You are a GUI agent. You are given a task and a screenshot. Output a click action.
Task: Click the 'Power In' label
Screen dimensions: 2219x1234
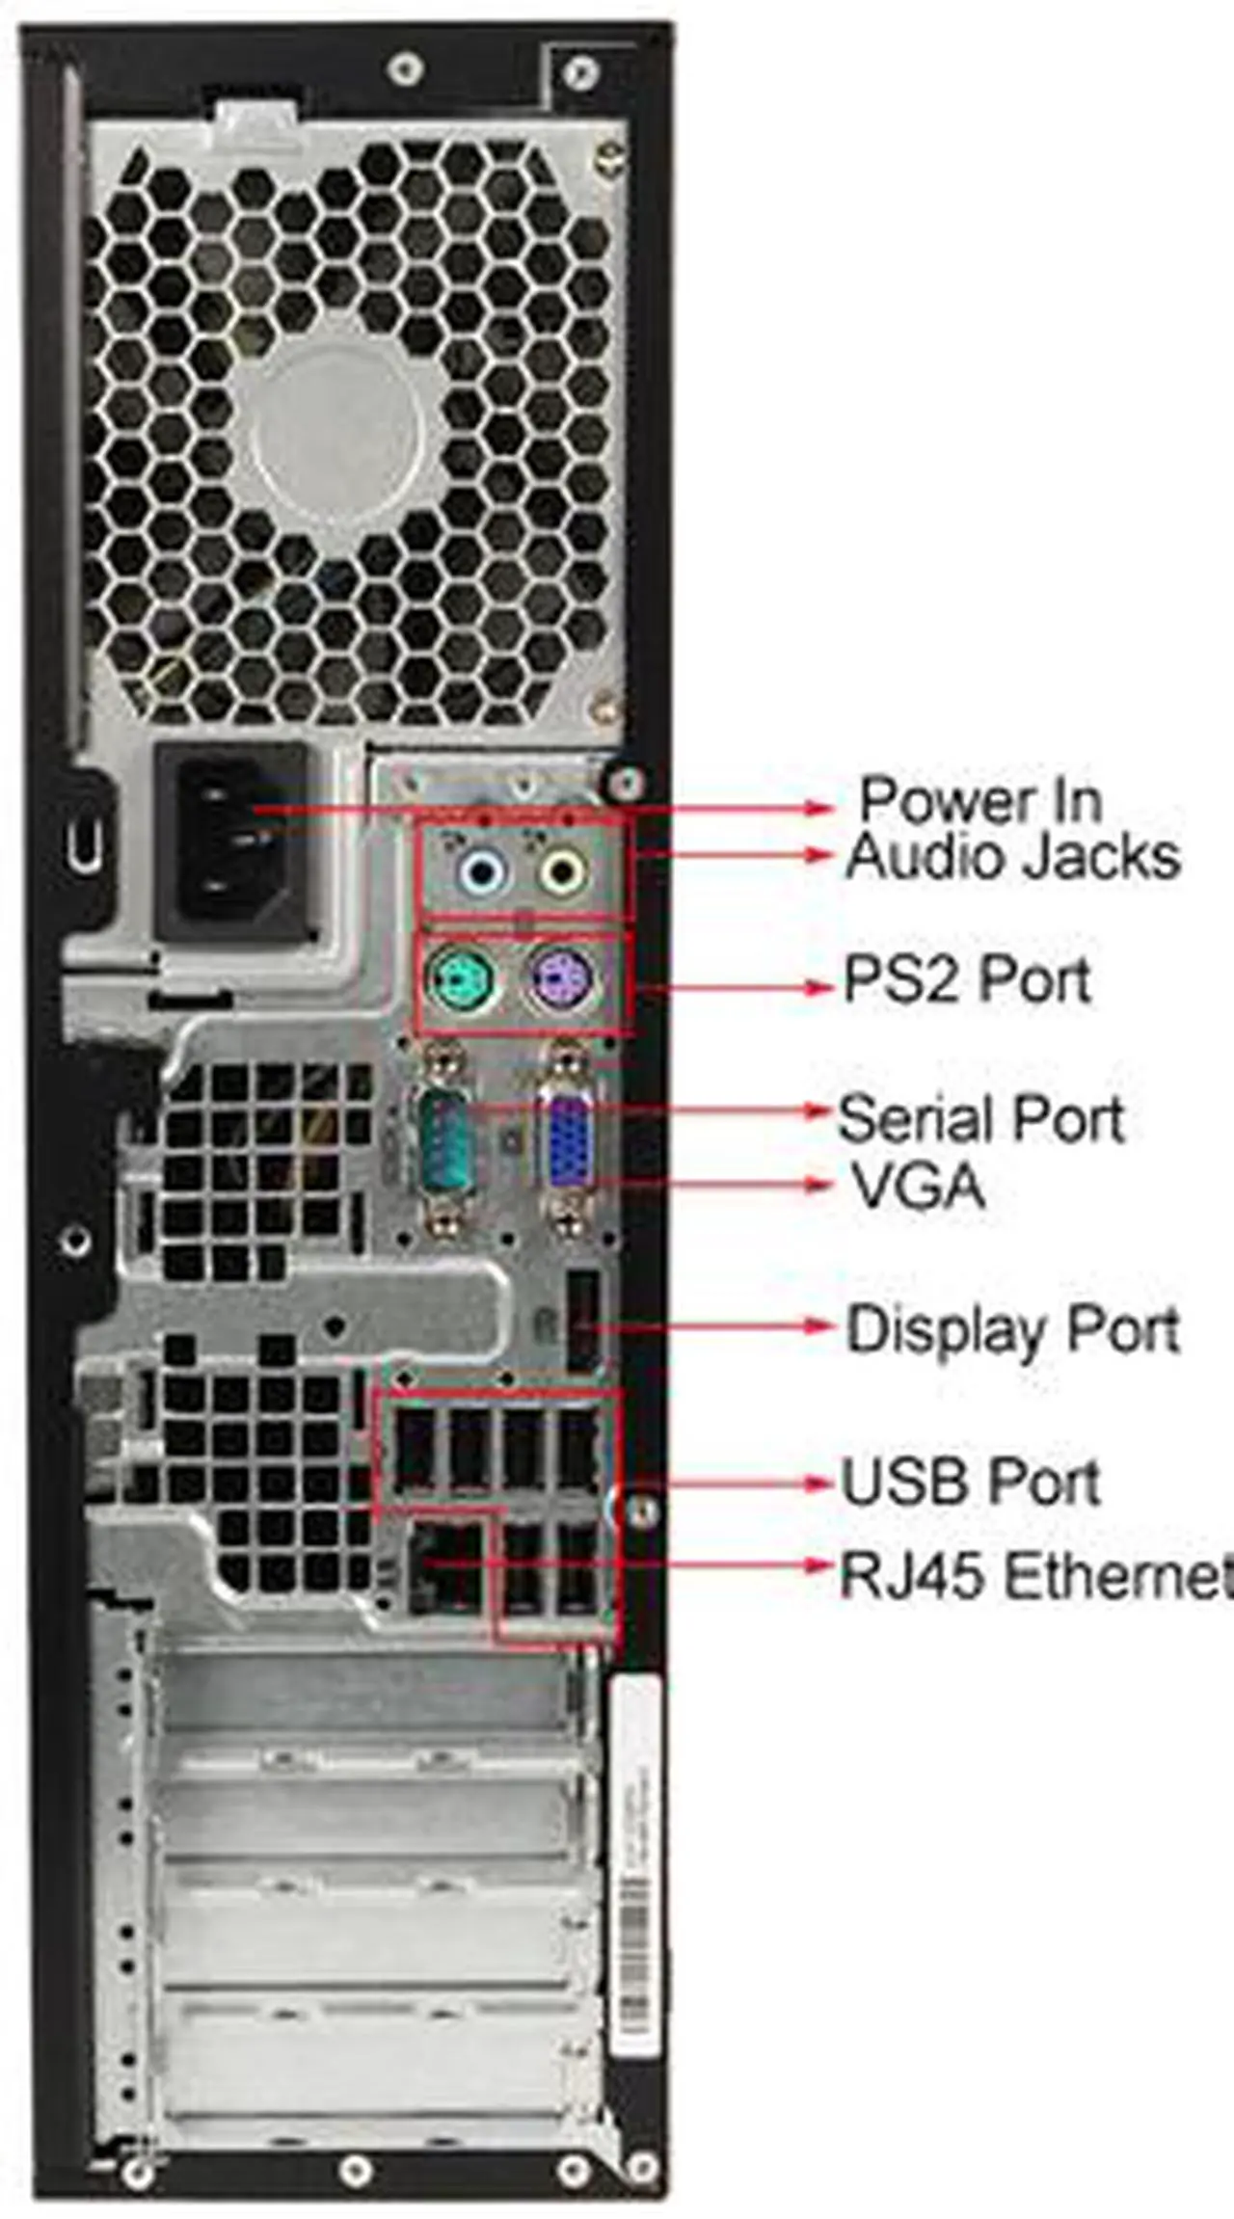[x=979, y=800]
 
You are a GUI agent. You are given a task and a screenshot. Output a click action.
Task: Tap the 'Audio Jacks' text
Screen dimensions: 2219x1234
[x=1012, y=857]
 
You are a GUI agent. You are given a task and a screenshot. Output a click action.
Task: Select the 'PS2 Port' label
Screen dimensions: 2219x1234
[x=967, y=979]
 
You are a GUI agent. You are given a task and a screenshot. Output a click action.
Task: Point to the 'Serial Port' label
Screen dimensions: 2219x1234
[x=980, y=1119]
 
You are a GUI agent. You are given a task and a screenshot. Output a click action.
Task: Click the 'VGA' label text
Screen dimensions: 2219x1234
[x=918, y=1186]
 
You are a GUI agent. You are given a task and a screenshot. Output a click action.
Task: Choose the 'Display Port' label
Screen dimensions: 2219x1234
[x=1012, y=1329]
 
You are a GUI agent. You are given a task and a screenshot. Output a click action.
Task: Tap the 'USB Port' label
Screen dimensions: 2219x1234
[x=970, y=1482]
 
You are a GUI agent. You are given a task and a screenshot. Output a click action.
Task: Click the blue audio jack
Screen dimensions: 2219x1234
[x=481, y=872]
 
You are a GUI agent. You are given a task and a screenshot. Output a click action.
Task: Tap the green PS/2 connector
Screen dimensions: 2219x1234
[x=460, y=981]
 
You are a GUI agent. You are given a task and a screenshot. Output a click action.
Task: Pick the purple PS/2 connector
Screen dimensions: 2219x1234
[x=564, y=979]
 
